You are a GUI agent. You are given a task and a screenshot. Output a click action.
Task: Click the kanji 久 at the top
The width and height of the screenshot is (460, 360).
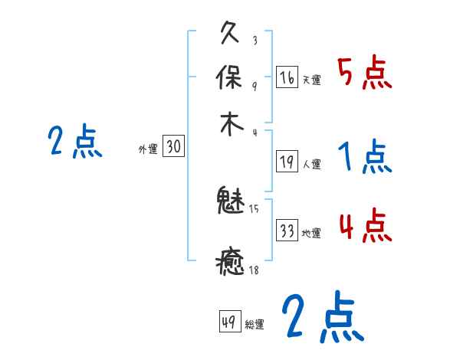point(232,33)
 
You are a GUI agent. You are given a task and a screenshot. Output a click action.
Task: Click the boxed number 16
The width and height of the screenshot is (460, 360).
point(287,77)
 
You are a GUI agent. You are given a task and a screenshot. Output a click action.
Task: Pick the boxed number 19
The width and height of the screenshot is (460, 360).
point(287,161)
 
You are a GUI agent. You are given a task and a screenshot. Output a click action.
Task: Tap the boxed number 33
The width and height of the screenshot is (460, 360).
point(287,231)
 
